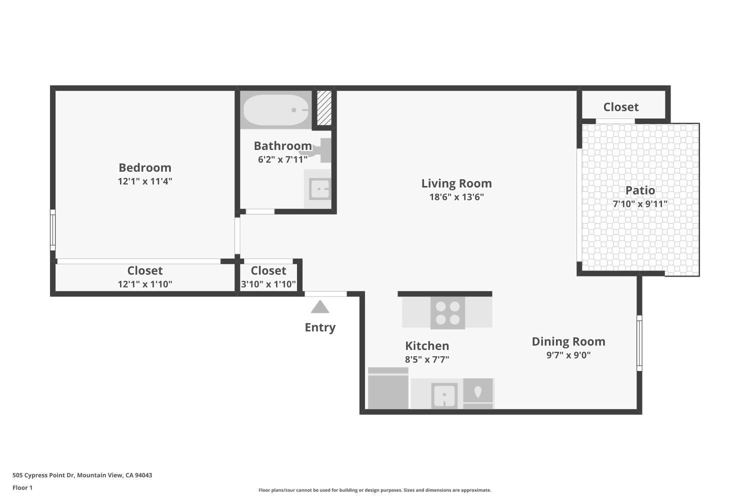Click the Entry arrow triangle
click(320, 307)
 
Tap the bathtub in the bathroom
click(275, 110)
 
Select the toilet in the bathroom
click(320, 150)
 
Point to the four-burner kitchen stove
click(447, 313)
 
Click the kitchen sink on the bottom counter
click(444, 395)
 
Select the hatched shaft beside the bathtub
click(324, 107)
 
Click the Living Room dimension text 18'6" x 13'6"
click(456, 197)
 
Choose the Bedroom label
click(145, 167)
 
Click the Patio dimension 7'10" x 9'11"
click(640, 204)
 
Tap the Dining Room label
click(568, 341)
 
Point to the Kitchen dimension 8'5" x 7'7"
click(427, 359)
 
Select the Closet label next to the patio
click(621, 107)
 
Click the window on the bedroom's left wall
click(52, 230)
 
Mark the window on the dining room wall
click(639, 343)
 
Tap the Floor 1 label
click(22, 488)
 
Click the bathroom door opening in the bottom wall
click(260, 211)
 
